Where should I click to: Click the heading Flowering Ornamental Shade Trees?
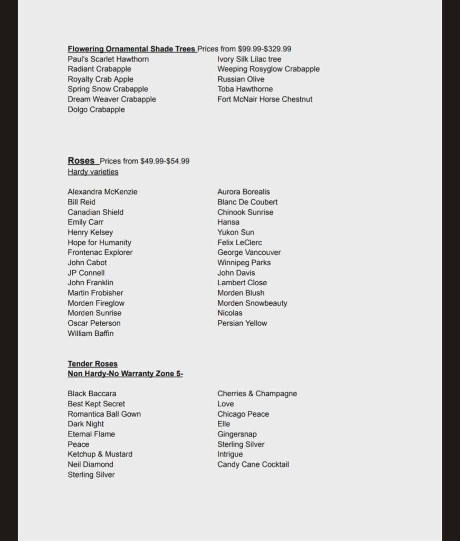131,49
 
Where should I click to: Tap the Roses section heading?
81,161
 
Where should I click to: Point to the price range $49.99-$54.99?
165,161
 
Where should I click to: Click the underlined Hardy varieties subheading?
93,172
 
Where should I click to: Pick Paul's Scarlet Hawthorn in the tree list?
108,59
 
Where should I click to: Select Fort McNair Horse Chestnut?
265,99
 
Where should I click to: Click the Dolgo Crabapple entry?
96,109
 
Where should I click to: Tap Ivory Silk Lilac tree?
249,59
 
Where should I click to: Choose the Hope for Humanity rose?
99,242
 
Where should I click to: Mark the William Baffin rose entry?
90,333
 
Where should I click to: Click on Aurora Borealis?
243,192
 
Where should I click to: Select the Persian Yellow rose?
242,323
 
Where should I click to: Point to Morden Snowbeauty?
252,303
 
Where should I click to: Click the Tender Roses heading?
92,364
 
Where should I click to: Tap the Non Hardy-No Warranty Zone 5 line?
125,374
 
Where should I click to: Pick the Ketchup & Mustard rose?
100,454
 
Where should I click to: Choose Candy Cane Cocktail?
253,465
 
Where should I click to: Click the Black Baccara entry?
92,394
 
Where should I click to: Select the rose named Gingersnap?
237,434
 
